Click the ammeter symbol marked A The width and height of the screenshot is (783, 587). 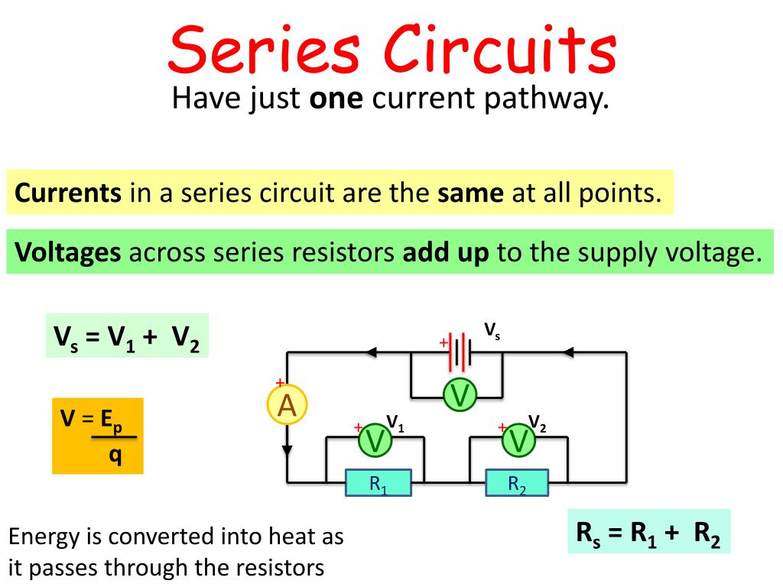[288, 404]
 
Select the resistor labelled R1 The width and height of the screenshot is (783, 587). [379, 483]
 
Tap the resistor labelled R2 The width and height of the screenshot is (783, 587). [517, 483]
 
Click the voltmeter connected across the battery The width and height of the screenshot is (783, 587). [460, 395]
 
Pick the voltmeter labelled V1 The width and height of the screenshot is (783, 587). [375, 440]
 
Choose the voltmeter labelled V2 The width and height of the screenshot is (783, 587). [518, 440]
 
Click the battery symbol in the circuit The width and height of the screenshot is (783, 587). [460, 352]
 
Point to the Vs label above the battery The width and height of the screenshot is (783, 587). [492, 332]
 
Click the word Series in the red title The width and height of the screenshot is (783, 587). [265, 50]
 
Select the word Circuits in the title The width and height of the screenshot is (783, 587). [500, 49]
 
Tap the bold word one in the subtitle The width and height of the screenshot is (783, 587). [336, 99]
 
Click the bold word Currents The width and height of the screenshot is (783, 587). [68, 193]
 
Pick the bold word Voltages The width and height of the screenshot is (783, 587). [68, 252]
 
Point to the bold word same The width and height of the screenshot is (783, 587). [470, 193]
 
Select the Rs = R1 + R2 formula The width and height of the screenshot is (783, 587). [648, 533]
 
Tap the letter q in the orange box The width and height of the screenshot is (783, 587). [115, 456]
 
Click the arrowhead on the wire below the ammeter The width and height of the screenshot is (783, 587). [288, 450]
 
